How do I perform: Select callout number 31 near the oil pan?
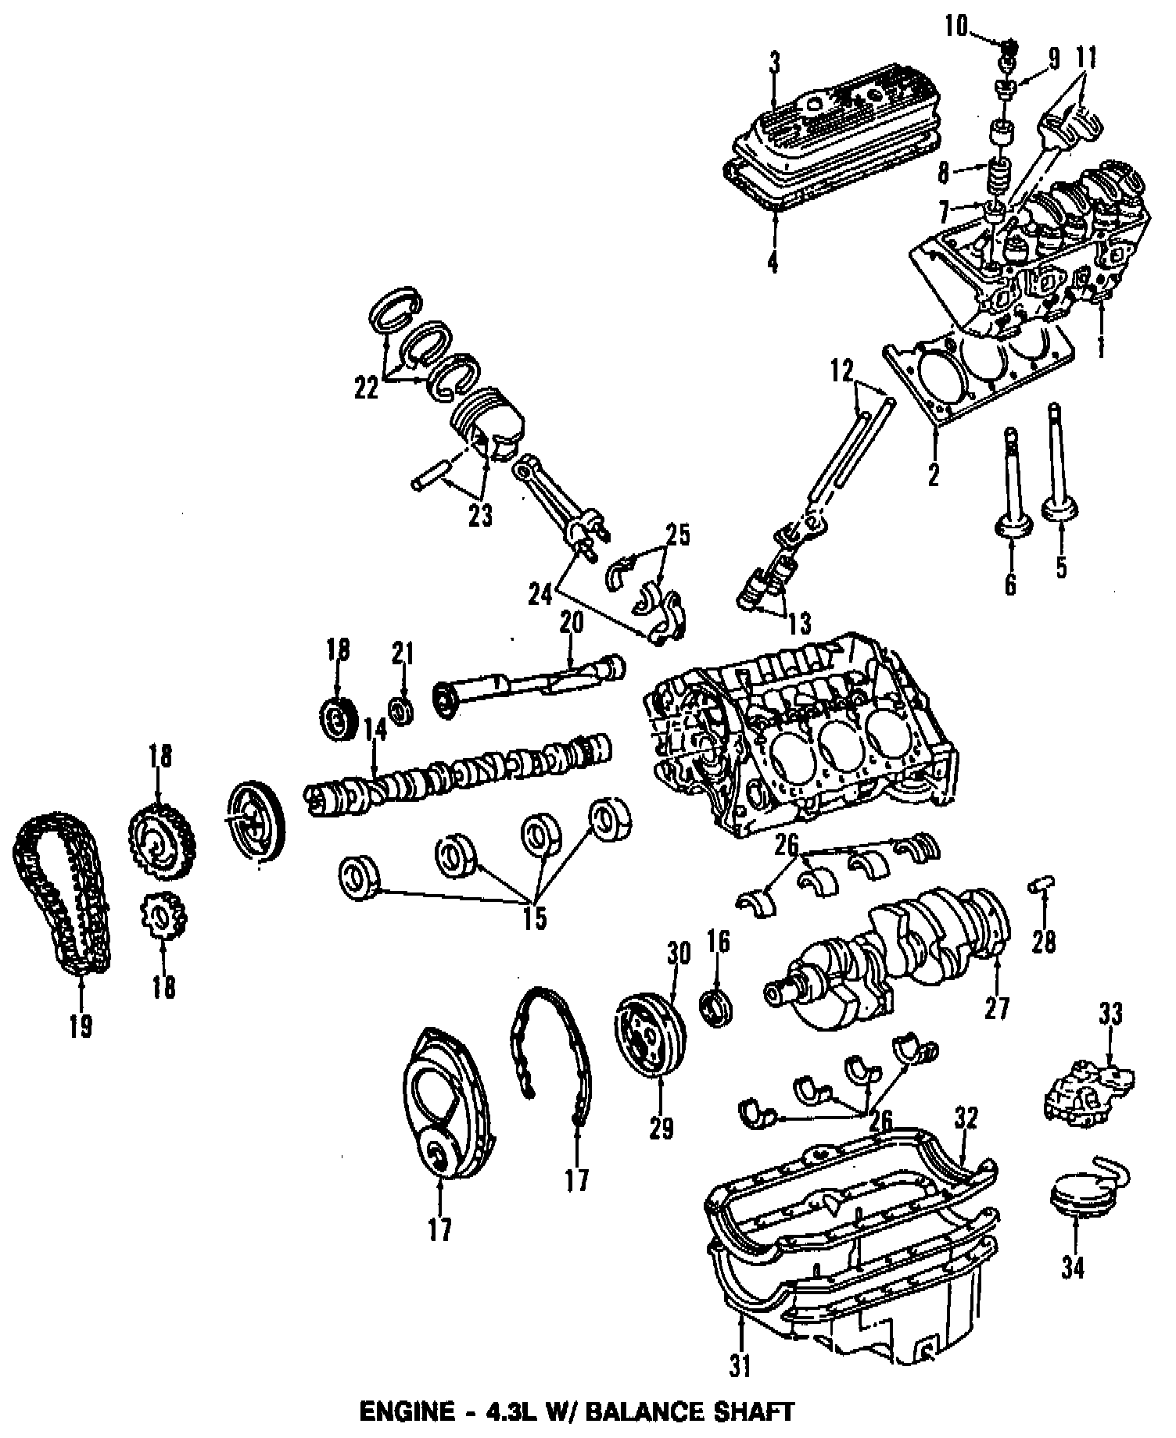tap(740, 1388)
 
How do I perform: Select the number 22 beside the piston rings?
tap(367, 388)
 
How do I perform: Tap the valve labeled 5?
tap(1059, 469)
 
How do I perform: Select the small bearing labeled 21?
tap(403, 712)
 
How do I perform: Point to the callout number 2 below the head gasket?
tap(933, 474)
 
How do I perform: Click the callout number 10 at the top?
tap(955, 28)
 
